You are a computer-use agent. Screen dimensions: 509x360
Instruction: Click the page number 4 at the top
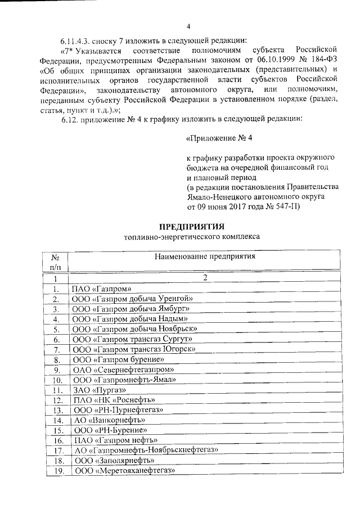coord(188,26)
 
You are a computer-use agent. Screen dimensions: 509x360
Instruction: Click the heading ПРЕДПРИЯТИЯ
coord(192,227)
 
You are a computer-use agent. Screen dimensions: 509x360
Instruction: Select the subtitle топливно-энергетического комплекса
coord(192,237)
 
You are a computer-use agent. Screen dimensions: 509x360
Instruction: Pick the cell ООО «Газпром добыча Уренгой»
coord(132,299)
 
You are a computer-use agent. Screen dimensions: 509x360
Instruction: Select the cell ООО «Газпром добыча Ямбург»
coord(130,309)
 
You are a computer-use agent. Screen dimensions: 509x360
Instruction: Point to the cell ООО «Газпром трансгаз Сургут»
coord(133,339)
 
